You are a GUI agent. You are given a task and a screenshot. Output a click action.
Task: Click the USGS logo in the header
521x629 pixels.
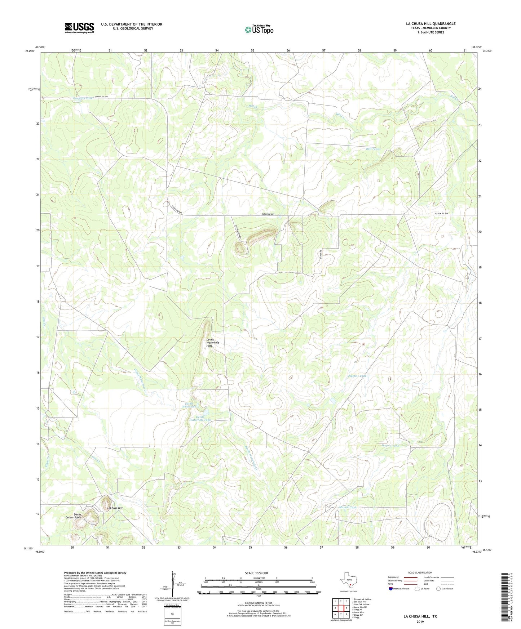pos(79,28)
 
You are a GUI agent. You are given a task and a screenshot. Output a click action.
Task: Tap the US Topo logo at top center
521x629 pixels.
pos(259,29)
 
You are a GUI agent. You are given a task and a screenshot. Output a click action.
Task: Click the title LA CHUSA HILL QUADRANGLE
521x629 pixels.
pos(431,24)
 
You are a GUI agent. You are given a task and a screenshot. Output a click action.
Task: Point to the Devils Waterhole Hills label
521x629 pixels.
pos(212,343)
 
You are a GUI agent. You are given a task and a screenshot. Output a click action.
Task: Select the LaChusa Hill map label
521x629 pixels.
pos(115,508)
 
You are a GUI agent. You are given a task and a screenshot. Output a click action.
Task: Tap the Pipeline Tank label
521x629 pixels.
pos(357,376)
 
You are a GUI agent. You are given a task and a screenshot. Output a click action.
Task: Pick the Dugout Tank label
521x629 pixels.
pos(390,446)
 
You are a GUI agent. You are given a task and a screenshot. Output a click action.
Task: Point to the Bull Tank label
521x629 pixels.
pos(372,148)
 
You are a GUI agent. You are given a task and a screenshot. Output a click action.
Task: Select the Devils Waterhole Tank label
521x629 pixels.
pos(200,418)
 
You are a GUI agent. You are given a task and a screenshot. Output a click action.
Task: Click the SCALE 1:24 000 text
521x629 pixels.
pos(256,573)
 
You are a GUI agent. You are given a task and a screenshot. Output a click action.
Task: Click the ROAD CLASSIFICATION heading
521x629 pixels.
pos(420,572)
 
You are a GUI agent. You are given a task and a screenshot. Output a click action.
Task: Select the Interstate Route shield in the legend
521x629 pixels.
pos(391,589)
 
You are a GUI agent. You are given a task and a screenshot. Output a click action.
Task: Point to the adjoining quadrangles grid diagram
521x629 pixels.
pos(341,608)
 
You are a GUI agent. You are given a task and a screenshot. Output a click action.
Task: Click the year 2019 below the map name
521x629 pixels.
pos(420,621)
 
